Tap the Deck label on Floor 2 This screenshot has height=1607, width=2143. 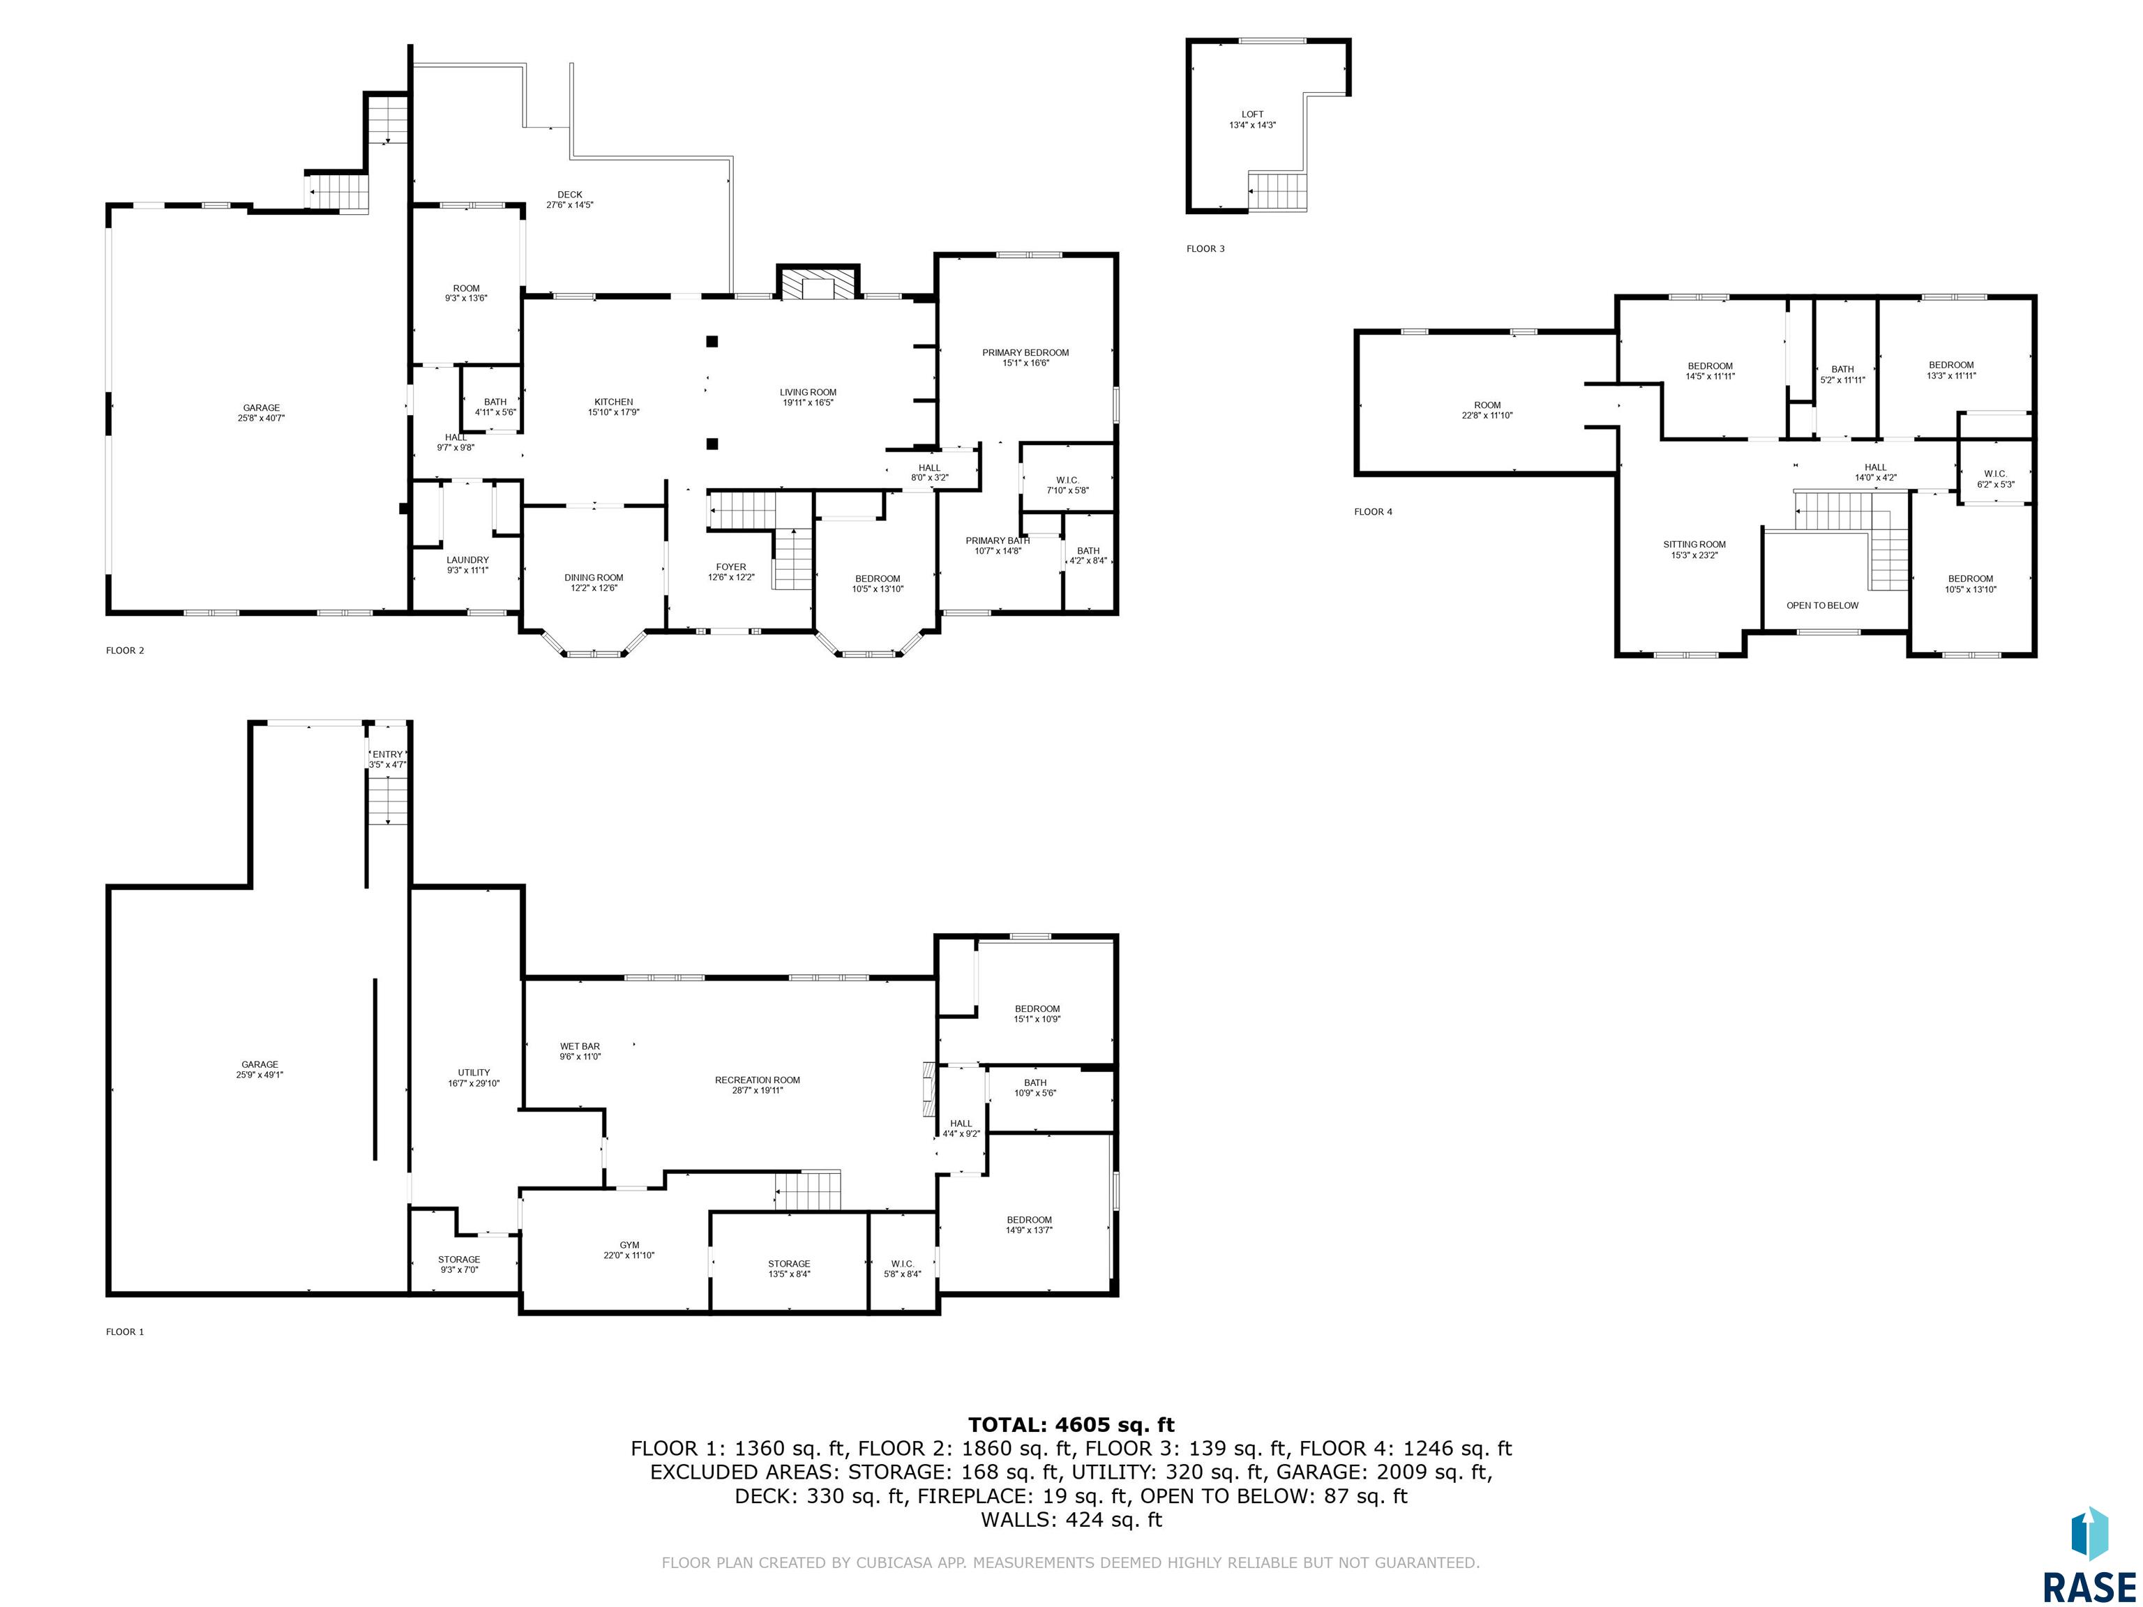coord(570,199)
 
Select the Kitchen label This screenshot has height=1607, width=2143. coord(613,407)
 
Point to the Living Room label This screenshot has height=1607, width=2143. coord(808,397)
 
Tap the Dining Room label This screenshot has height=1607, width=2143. coord(594,582)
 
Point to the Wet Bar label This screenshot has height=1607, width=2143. coord(579,1051)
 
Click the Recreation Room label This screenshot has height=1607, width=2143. coord(758,1085)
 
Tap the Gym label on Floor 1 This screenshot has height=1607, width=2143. coord(630,1250)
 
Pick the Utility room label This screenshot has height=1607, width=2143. coord(474,1077)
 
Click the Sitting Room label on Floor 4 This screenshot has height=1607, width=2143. coord(1694,549)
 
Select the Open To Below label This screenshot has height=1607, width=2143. coord(1822,605)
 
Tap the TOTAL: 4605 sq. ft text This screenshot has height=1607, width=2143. coord(1071,1424)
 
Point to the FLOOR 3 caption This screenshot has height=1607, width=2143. coord(1205,249)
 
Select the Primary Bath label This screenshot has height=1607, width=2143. coord(998,545)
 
